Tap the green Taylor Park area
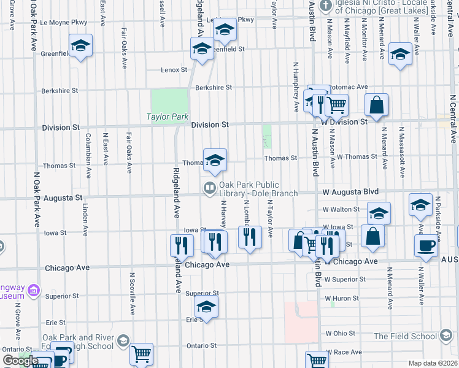(x=169, y=101)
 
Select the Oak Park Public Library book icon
(x=210, y=187)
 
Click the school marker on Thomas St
(x=215, y=161)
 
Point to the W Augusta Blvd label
(x=350, y=192)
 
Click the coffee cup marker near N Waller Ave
(x=425, y=247)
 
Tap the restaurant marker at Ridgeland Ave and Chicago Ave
(x=182, y=246)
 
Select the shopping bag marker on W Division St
(x=377, y=105)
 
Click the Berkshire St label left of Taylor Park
(x=60, y=91)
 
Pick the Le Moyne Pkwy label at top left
(x=64, y=22)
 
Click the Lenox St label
(x=174, y=70)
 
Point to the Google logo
(x=20, y=361)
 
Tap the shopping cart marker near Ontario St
(x=142, y=354)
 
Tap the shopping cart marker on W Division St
(x=336, y=105)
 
